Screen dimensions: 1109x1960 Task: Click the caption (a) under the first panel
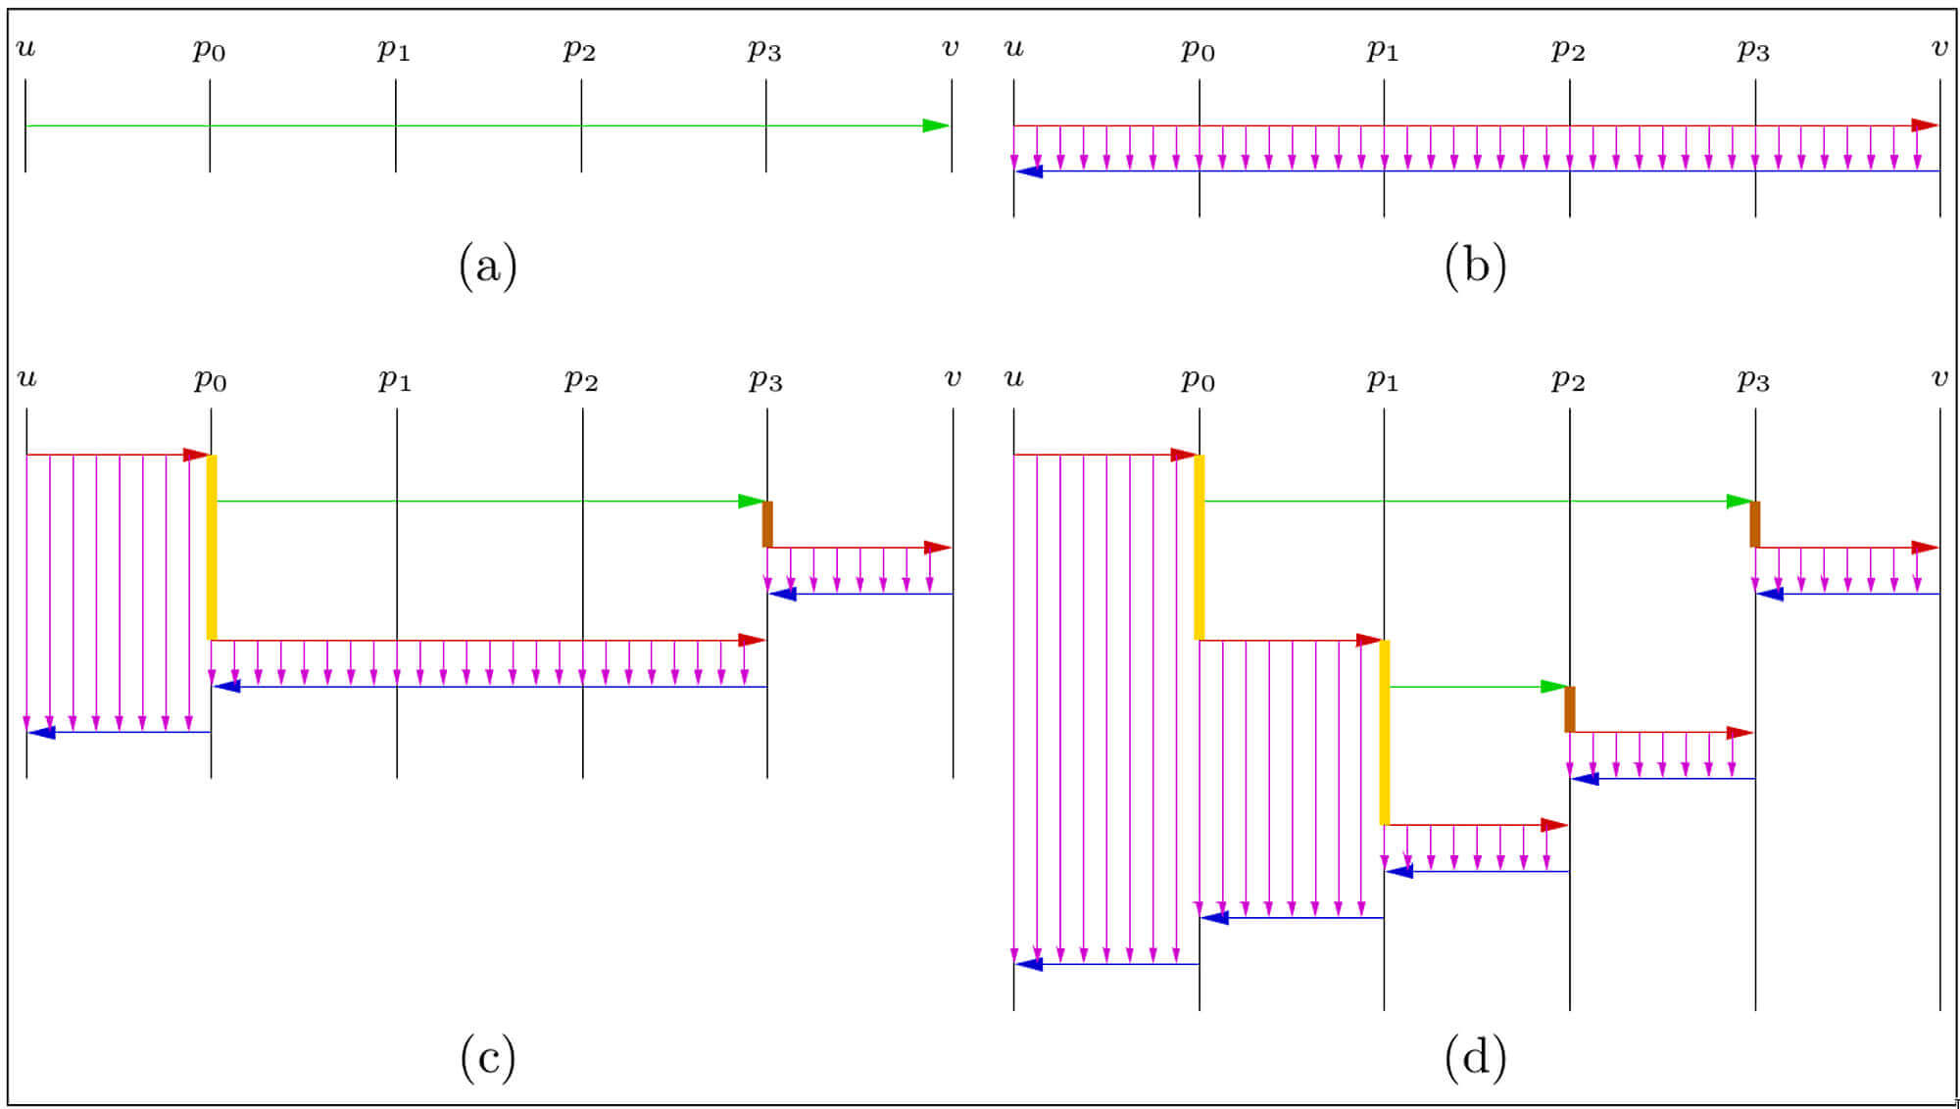point(487,265)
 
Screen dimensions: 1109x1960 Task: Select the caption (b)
point(1475,265)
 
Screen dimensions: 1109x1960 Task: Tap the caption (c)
point(487,1057)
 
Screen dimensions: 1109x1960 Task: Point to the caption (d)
point(1475,1057)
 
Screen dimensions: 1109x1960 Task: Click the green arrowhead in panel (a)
point(936,125)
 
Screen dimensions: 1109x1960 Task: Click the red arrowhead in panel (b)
point(1925,125)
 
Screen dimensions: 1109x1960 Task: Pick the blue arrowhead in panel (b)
point(1029,171)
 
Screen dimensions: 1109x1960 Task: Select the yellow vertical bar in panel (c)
point(212,547)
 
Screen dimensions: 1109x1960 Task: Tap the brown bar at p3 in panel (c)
point(767,524)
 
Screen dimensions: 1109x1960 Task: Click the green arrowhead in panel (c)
point(752,502)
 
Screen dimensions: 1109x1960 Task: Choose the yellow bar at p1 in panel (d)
point(1385,732)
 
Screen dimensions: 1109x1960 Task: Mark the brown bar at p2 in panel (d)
point(1570,709)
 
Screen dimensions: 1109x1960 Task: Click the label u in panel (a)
point(26,47)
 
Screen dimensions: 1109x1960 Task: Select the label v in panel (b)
point(1939,47)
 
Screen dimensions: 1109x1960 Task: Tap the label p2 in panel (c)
point(580,379)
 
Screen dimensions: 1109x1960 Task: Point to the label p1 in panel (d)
point(1382,379)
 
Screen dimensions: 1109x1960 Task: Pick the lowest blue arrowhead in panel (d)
point(1029,964)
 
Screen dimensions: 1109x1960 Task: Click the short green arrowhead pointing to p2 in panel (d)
point(1554,687)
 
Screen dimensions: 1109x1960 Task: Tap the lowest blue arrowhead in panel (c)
point(41,732)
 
